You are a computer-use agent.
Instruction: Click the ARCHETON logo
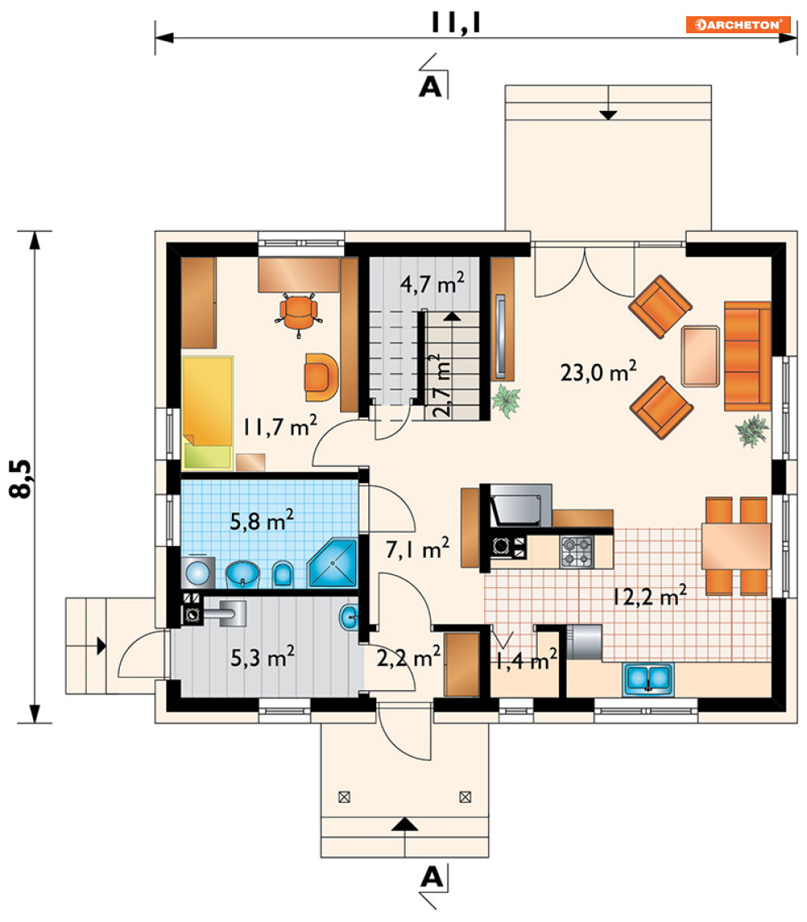(737, 24)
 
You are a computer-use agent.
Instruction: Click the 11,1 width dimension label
(456, 23)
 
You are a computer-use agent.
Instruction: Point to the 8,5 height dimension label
(21, 478)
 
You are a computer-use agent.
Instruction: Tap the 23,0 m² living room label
(599, 371)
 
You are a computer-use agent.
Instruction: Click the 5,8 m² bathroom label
(262, 521)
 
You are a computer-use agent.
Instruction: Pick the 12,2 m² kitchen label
(650, 595)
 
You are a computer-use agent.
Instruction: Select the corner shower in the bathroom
(333, 562)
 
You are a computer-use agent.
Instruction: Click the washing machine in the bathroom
(198, 572)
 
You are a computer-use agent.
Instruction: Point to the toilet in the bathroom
(283, 574)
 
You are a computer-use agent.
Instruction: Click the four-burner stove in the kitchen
(577, 551)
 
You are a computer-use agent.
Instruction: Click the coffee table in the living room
(701, 356)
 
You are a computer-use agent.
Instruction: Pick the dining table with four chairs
(736, 547)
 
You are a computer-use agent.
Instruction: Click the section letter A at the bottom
(431, 877)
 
